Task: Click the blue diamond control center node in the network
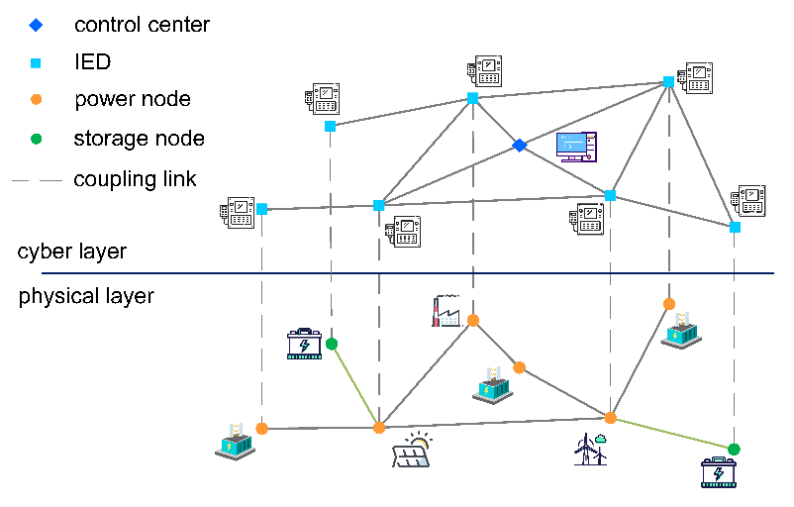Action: [519, 146]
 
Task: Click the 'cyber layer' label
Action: [72, 252]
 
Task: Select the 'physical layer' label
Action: [86, 296]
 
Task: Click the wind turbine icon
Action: [589, 449]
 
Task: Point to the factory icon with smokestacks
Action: [447, 311]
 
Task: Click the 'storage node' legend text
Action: [139, 139]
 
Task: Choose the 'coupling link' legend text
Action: [135, 179]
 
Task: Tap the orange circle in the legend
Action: [37, 99]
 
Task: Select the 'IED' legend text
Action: [92, 62]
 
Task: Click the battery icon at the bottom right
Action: [718, 473]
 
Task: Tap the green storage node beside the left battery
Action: [332, 344]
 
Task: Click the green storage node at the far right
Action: [734, 450]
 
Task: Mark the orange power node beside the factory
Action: [473, 320]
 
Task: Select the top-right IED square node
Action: [668, 81]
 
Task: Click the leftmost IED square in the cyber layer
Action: [261, 209]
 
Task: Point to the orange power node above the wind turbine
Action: [611, 418]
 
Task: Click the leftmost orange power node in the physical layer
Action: [261, 429]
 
